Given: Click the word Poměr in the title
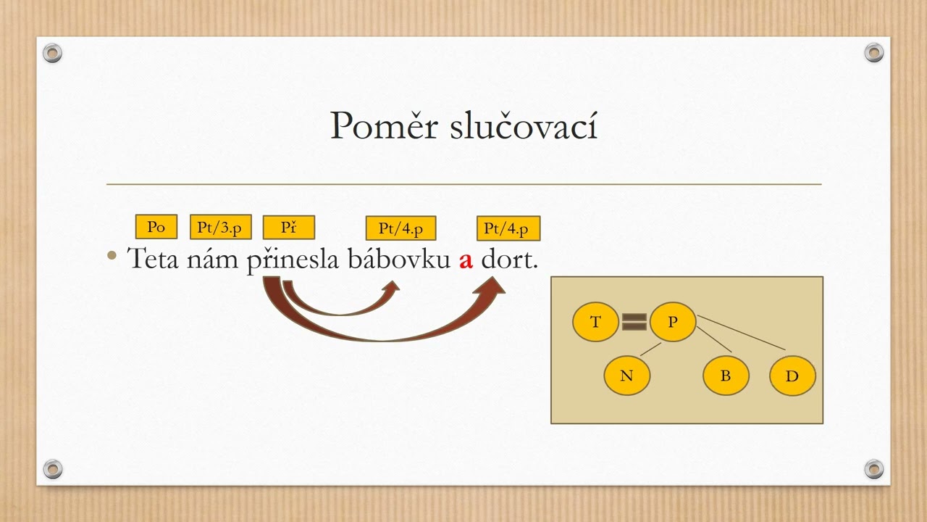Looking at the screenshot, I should (x=384, y=127).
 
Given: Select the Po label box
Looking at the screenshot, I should (x=156, y=227).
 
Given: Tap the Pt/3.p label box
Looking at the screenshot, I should (x=220, y=227).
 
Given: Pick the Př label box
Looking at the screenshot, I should (x=288, y=228).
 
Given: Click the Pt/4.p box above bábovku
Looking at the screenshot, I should (x=400, y=228).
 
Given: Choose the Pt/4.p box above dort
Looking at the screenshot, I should (x=508, y=228).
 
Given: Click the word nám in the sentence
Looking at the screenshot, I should (x=212, y=259).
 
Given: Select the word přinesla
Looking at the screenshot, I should (x=293, y=260).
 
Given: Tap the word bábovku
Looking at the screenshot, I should (x=399, y=259).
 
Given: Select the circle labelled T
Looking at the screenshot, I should (x=595, y=322).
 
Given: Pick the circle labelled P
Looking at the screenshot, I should (x=672, y=321).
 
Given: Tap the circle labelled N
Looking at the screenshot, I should (x=627, y=376).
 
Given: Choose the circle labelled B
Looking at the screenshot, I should (x=726, y=376).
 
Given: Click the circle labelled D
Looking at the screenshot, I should (x=792, y=376).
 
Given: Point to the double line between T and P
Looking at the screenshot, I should (x=634, y=322).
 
